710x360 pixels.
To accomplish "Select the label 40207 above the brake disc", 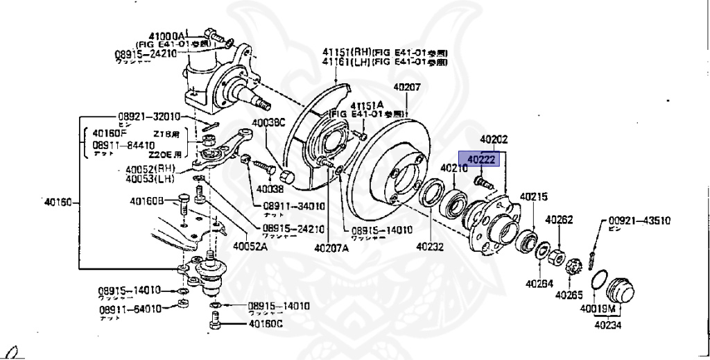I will pos(407,87).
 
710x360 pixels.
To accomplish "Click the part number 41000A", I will pos(167,36).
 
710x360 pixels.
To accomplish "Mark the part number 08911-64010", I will pos(129,309).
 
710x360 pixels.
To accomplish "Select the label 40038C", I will pos(268,123).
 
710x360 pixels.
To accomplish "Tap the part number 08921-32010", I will pos(148,117).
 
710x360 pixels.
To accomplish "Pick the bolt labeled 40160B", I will pos(183,203).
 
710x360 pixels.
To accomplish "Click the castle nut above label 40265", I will pos(573,266).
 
